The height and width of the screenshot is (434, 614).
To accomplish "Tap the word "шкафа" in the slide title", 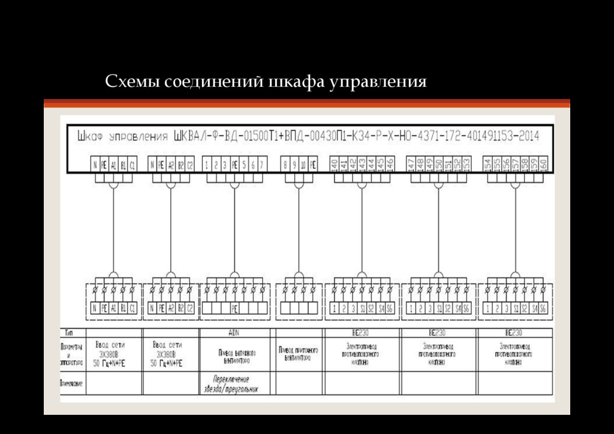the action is pos(294,82).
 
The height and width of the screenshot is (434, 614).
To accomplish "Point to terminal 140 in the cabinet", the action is pos(334,164).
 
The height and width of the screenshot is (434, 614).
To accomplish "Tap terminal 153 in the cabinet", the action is pos(466,164).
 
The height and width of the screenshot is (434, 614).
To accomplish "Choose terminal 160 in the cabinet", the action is pos(543,164).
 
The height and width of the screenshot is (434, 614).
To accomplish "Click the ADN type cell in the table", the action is pos(234,332).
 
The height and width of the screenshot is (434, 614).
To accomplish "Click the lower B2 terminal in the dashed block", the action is pos(180,308).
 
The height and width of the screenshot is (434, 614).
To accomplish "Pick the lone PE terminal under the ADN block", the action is pos(234,308).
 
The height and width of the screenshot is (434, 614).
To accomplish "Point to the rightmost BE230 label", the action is pos(514,332).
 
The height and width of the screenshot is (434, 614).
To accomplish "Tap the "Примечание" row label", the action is pos(71,382).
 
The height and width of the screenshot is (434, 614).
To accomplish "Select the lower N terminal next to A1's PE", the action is pos(95,308).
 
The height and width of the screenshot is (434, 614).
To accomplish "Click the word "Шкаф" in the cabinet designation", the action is pos(89,136).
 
